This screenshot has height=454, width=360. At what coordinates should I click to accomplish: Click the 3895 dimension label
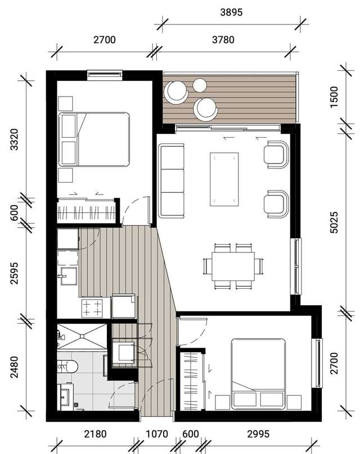pos(231,12)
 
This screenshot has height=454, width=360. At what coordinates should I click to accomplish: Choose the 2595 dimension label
pos(14,272)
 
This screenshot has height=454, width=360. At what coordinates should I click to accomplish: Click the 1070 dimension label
pos(156,434)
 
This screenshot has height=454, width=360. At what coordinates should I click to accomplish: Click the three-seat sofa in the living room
pos(172,180)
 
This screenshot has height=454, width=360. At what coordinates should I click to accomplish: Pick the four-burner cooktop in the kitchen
pos(93,307)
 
